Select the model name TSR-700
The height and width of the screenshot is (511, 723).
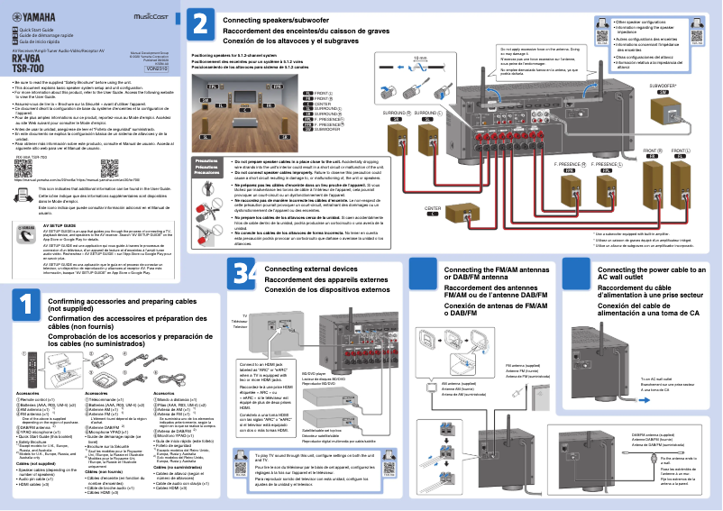pyautogui.click(x=26, y=68)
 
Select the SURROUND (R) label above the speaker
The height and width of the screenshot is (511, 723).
pyautogui.click(x=395, y=113)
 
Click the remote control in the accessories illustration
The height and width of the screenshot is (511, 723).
pyautogui.click(x=30, y=379)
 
